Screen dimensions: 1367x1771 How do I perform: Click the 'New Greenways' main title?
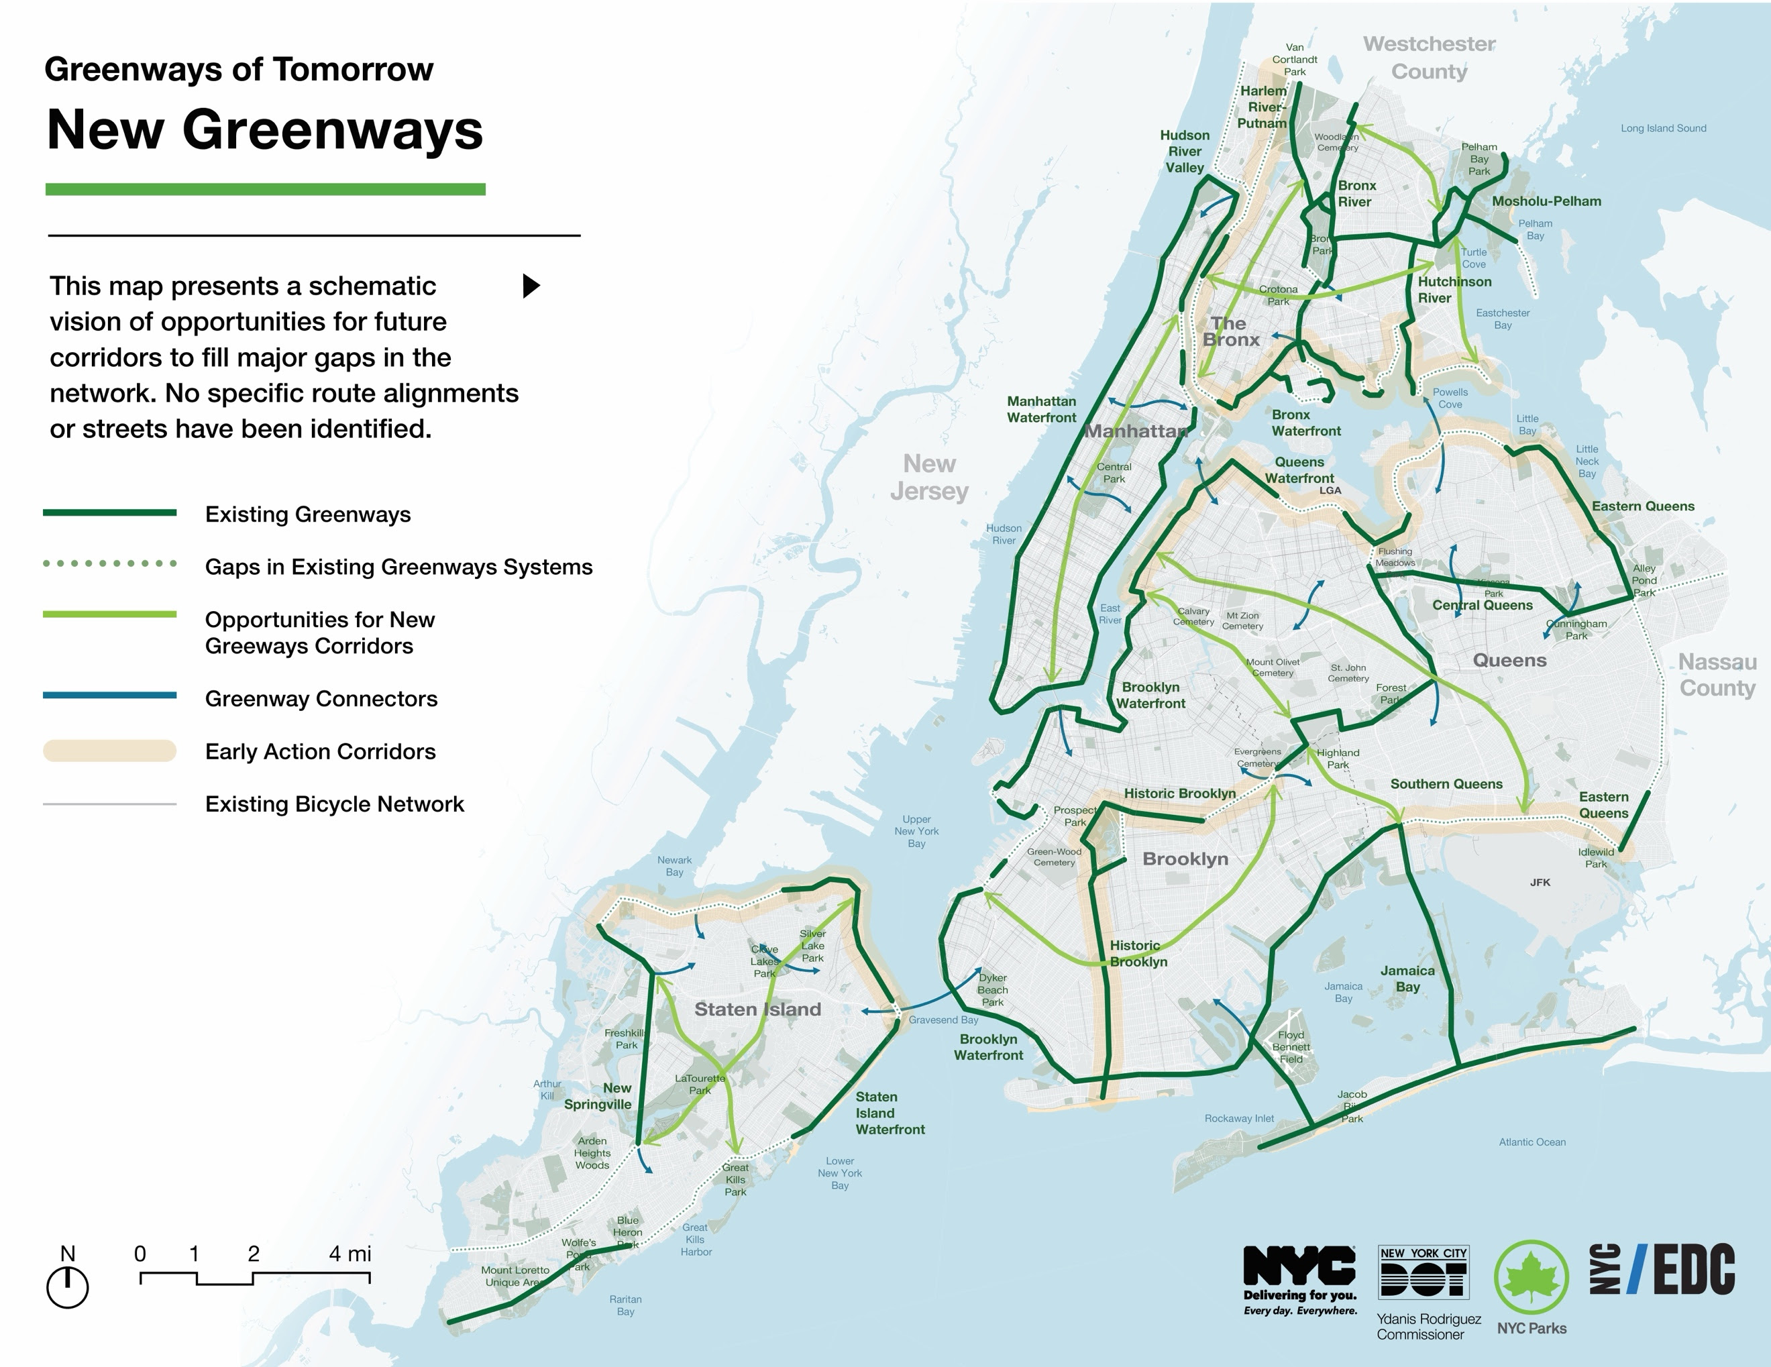pos(264,129)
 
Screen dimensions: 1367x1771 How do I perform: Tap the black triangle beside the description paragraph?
pos(531,285)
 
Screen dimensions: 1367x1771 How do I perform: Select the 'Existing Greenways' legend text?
pos(307,514)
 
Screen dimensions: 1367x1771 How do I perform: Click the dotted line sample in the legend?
pos(109,563)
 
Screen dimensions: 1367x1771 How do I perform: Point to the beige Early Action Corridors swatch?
pos(109,751)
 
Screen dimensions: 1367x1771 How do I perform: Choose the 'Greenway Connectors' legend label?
pos(321,698)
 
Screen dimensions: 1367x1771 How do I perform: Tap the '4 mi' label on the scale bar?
pos(350,1254)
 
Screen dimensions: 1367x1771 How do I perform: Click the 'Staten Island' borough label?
pos(757,1009)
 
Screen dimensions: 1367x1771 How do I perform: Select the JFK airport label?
pos(1540,882)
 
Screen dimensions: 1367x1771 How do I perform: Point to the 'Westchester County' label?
pos(1429,58)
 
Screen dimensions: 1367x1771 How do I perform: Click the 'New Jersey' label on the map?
pos(929,477)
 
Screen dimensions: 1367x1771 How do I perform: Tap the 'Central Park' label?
pos(1114,473)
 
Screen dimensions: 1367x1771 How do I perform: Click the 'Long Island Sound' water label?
pos(1663,128)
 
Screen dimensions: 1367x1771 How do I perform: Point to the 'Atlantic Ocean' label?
pos(1532,1142)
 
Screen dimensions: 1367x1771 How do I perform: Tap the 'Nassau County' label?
pos(1717,675)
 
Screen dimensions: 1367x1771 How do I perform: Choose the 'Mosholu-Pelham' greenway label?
pos(1546,201)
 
